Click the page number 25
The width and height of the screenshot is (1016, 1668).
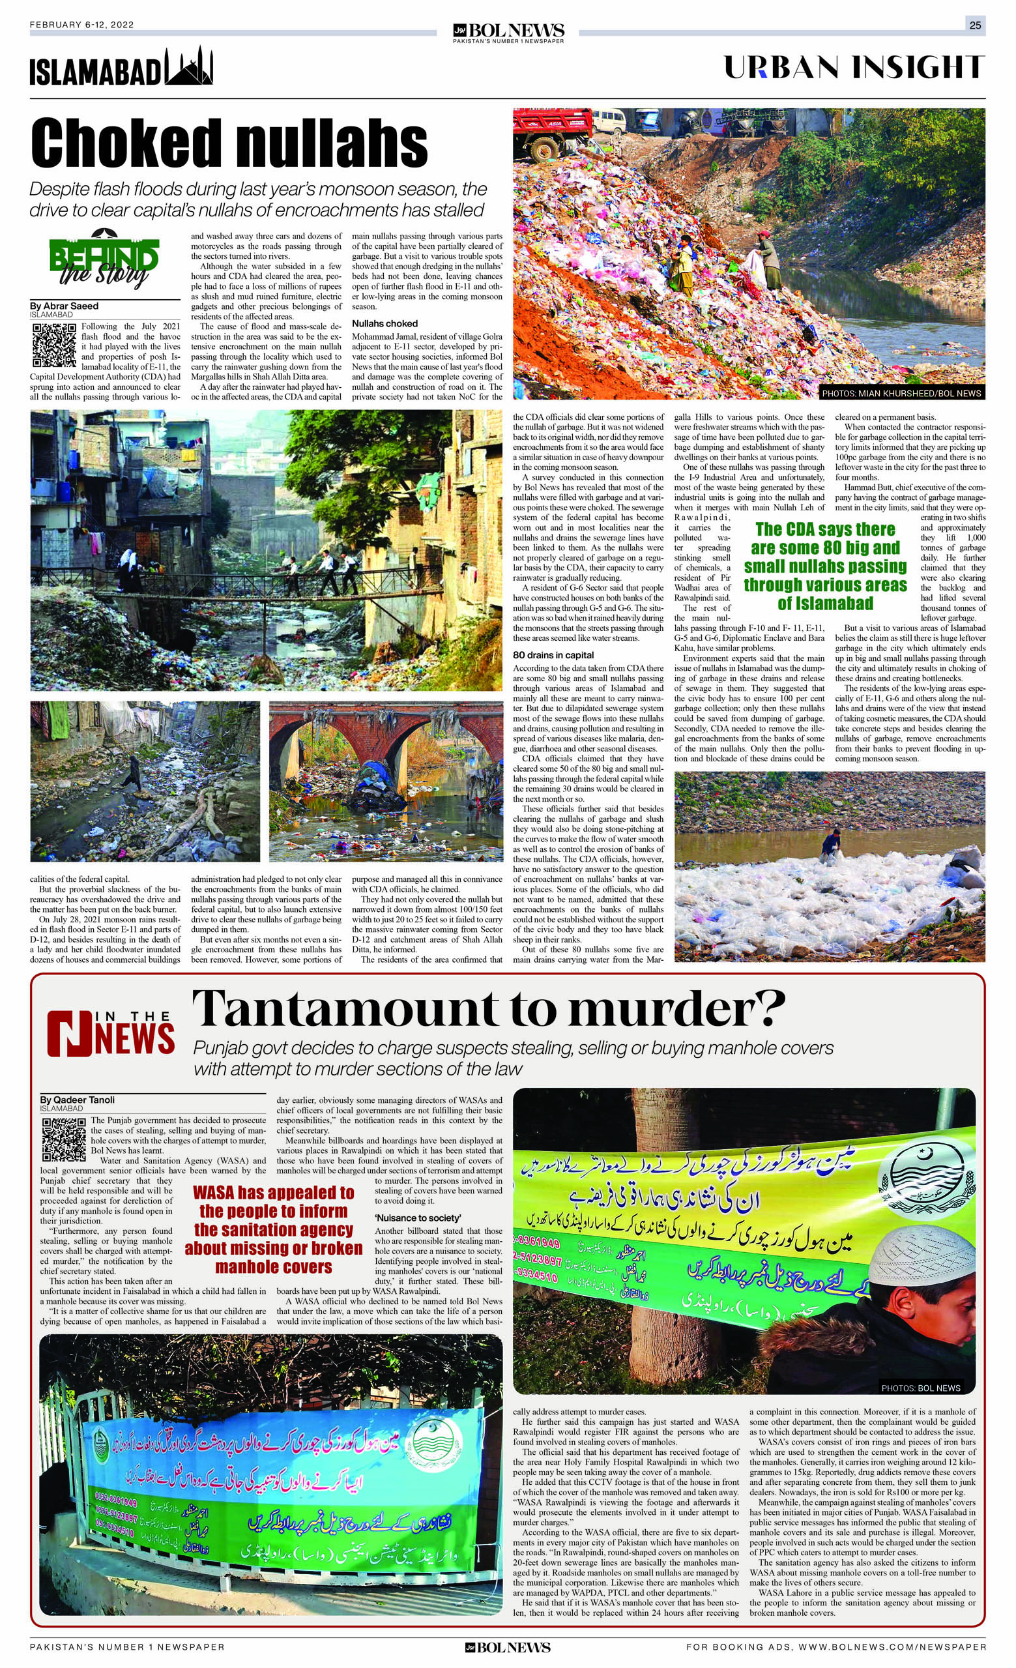[x=975, y=25]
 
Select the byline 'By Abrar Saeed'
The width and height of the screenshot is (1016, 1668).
[x=65, y=306]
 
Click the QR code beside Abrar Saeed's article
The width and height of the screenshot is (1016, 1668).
[x=54, y=345]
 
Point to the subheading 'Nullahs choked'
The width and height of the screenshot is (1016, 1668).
[x=385, y=323]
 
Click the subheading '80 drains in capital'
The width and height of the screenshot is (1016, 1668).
[x=553, y=654]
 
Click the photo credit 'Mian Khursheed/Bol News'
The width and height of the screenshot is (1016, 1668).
[x=900, y=392]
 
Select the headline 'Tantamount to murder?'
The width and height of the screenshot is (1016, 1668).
[x=489, y=1008]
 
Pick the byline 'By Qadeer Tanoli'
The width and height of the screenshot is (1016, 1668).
[x=77, y=1100]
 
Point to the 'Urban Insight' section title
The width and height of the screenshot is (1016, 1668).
[x=854, y=68]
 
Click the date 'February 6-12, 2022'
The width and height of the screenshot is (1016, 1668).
[x=82, y=25]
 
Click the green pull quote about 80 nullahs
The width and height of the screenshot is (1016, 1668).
[x=825, y=566]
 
